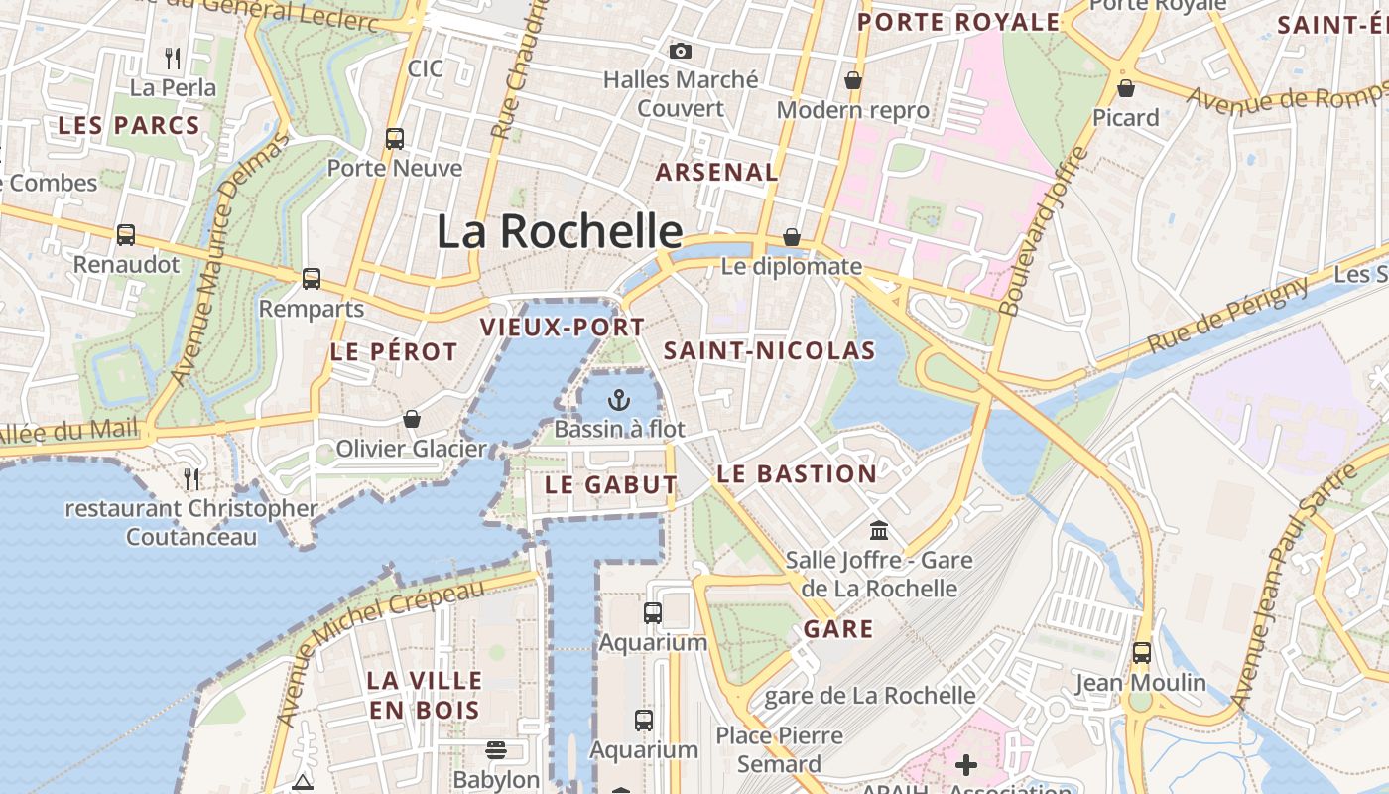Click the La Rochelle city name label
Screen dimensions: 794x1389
click(x=560, y=231)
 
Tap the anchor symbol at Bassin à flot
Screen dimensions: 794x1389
click(x=619, y=400)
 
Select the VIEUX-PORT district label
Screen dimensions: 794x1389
click(x=563, y=327)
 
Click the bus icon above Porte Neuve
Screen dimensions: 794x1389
click(x=395, y=139)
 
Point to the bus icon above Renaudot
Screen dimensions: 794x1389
click(x=126, y=235)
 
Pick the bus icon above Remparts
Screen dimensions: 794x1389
click(x=312, y=279)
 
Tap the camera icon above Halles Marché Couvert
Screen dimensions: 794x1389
click(x=681, y=51)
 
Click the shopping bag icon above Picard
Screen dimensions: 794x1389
click(x=1126, y=88)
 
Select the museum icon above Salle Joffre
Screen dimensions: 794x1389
click(x=879, y=530)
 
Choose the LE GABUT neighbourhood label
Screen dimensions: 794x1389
click(x=611, y=485)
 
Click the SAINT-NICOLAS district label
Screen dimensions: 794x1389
click(x=770, y=350)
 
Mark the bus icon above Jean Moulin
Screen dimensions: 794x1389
click(x=1142, y=653)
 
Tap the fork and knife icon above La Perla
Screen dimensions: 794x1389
click(x=173, y=58)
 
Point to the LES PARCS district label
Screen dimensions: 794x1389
click(x=129, y=126)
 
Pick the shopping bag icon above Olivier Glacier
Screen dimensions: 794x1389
click(x=412, y=419)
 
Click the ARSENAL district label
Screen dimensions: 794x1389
click(x=716, y=172)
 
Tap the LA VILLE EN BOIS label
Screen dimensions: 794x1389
click(x=425, y=695)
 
